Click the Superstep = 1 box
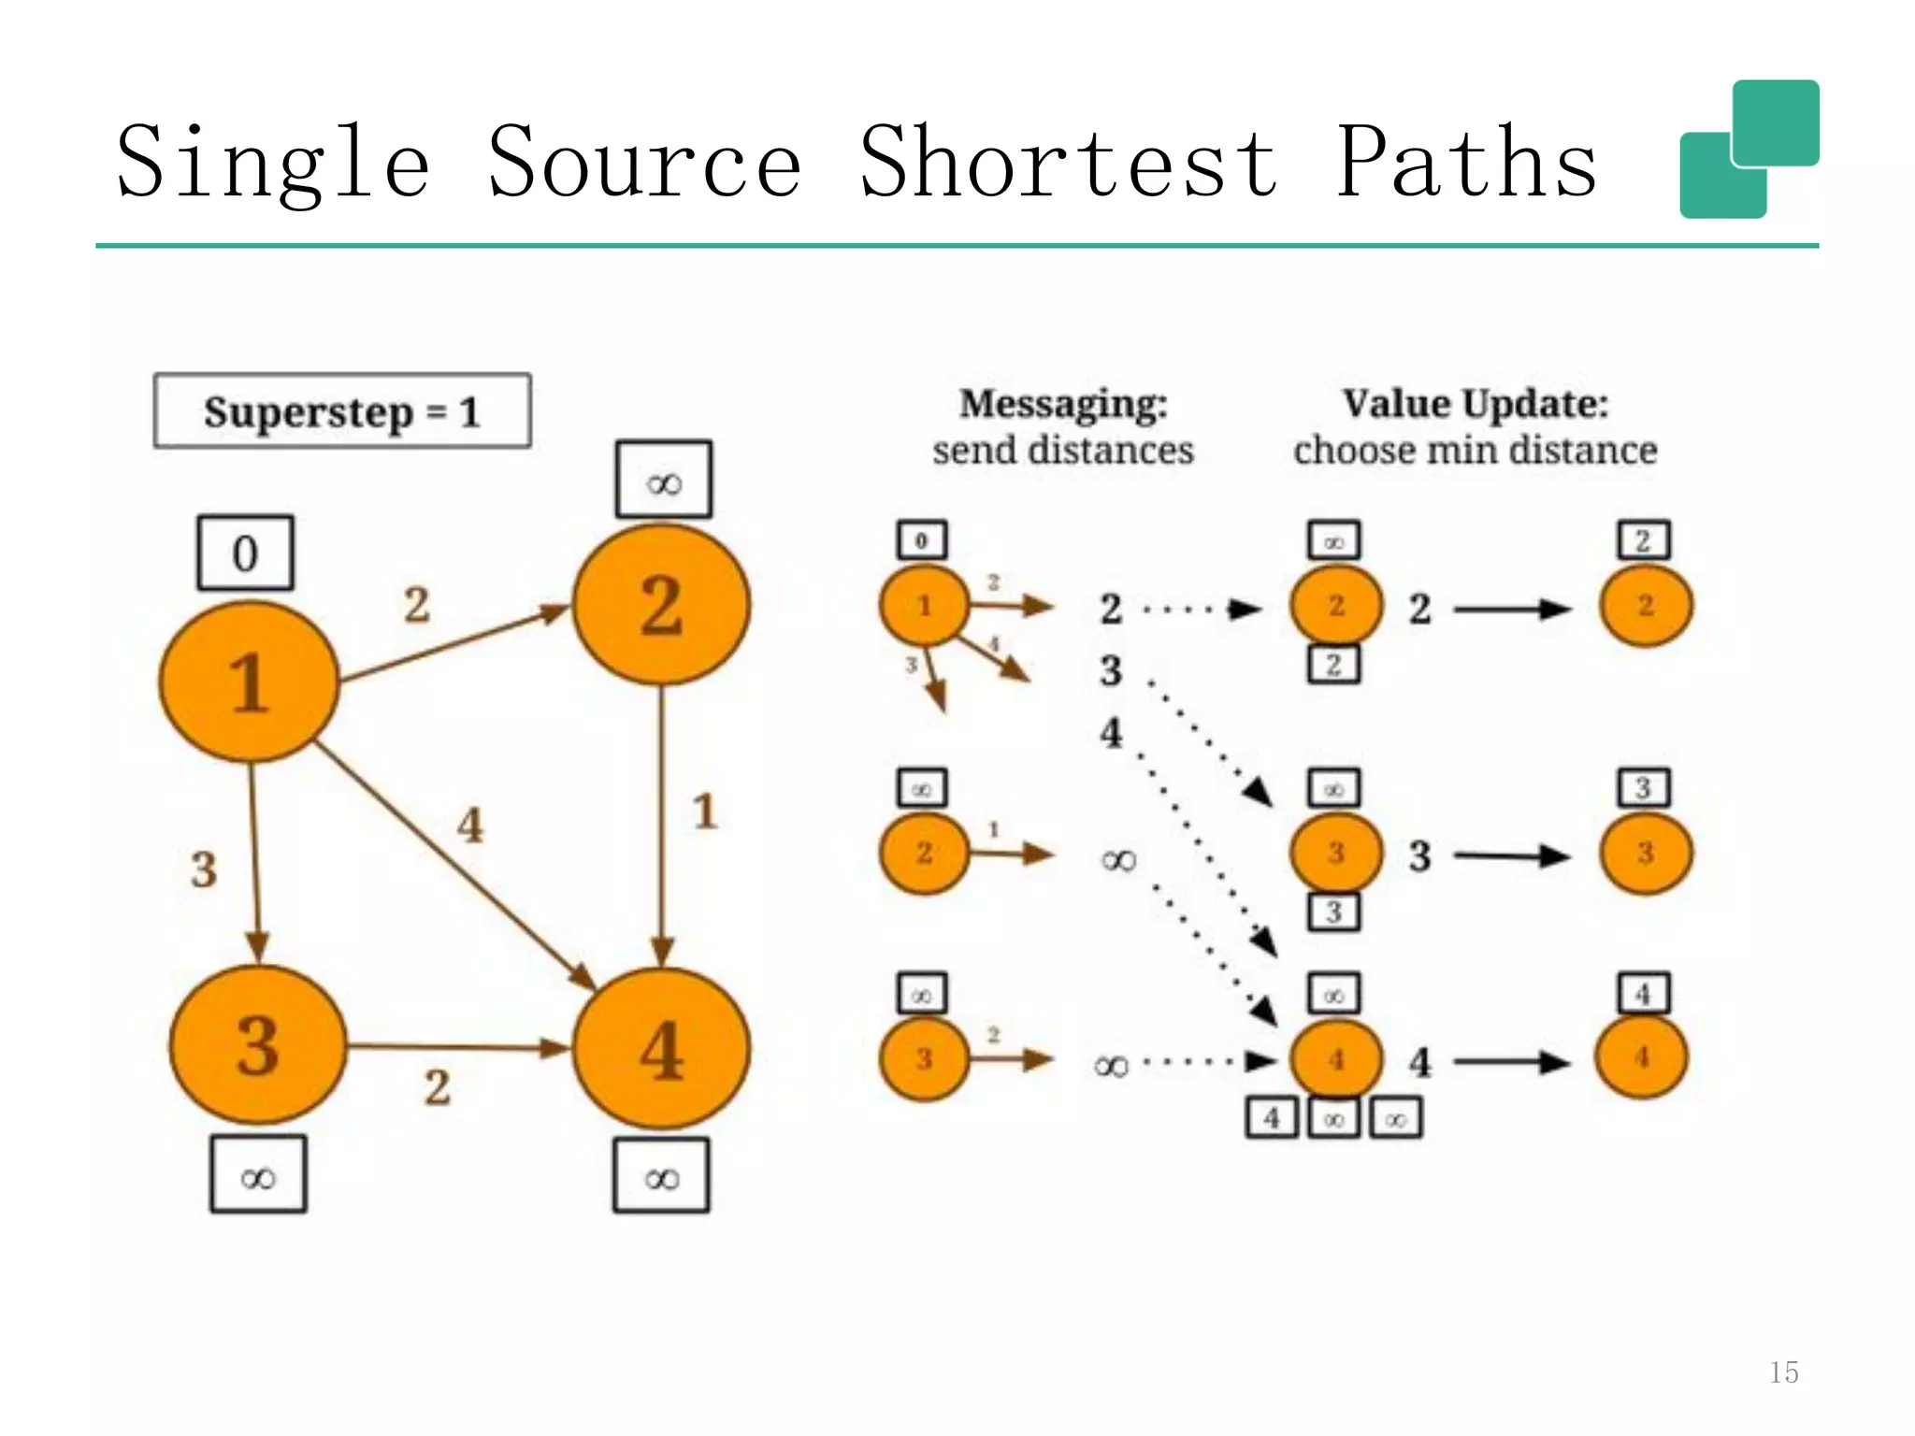[342, 411]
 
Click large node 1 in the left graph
[249, 682]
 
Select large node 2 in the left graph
[661, 605]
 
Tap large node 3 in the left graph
[258, 1044]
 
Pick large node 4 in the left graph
[661, 1048]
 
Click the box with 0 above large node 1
[245, 553]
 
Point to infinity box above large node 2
[664, 480]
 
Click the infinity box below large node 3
[258, 1175]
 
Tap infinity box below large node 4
[661, 1176]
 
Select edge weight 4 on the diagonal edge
[469, 825]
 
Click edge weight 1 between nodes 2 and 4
[705, 811]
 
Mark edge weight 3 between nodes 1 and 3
[204, 869]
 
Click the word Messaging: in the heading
[1063, 405]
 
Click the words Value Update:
[1475, 405]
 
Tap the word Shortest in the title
[1068, 163]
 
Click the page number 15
[1783, 1371]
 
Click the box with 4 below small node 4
[1272, 1117]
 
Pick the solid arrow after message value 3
[1511, 855]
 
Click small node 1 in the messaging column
[924, 606]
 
